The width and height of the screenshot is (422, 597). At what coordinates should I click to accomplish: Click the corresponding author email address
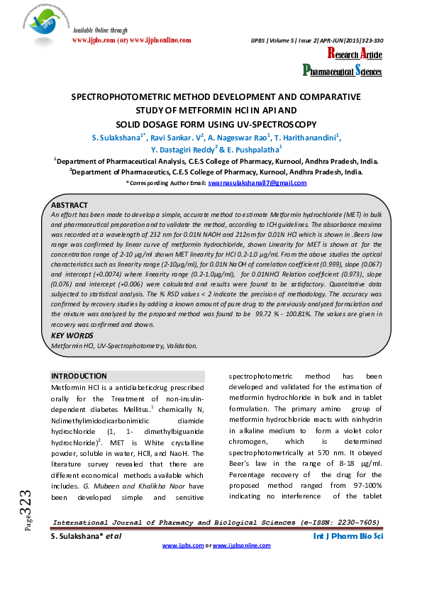coord(257,183)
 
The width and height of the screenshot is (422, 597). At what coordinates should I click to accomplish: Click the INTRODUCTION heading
coord(79,376)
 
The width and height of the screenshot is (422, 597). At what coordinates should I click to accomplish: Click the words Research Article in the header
coord(355,55)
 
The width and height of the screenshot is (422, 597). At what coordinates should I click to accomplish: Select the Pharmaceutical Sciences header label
coord(343,71)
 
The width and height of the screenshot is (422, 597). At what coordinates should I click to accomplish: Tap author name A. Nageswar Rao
coord(227,137)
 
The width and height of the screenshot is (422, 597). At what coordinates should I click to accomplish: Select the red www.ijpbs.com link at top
coord(96,41)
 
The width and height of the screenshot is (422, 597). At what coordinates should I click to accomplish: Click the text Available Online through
coord(100,31)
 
